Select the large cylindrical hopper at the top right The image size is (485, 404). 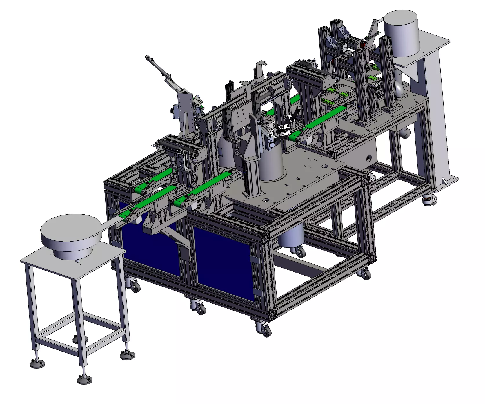tap(402, 33)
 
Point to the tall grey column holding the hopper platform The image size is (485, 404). tap(435, 122)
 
